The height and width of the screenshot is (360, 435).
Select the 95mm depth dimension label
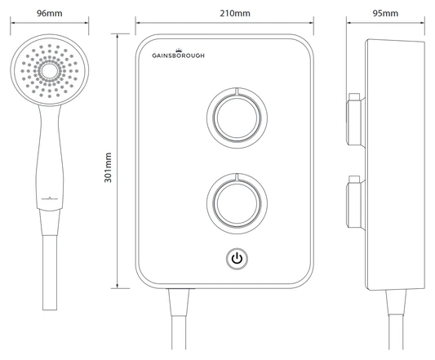click(384, 14)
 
